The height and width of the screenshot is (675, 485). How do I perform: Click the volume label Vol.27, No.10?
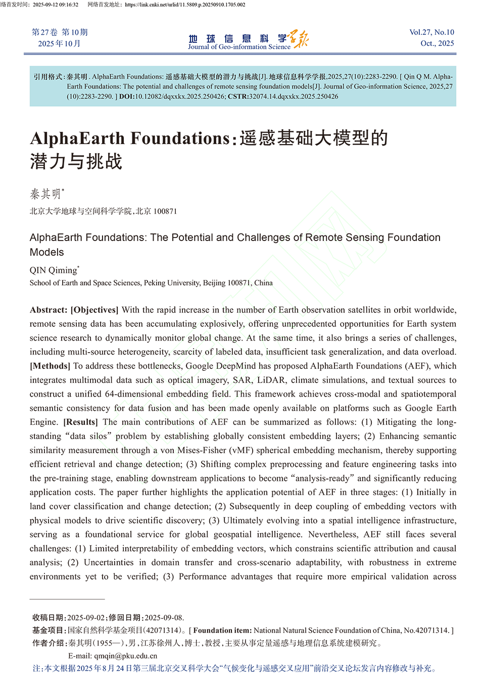tap(431, 32)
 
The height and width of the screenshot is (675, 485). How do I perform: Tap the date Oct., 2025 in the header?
tap(437, 43)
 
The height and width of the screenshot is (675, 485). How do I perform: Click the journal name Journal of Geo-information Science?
tap(239, 47)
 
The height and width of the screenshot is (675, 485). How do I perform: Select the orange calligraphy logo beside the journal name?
tap(298, 38)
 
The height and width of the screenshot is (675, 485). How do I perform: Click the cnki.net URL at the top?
tap(185, 5)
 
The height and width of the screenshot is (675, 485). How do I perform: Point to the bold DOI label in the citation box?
tap(126, 97)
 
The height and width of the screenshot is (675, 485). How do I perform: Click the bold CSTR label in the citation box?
tap(237, 97)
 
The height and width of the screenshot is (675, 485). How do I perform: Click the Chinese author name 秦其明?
tap(45, 194)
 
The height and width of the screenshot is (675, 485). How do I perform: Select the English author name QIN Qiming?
tap(53, 270)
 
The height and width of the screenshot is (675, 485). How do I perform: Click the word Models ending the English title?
tap(46, 252)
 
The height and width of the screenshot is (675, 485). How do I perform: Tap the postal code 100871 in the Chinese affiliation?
tap(165, 211)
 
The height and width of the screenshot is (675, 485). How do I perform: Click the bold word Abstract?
tap(48, 310)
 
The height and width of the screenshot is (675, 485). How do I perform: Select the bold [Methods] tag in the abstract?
tap(50, 366)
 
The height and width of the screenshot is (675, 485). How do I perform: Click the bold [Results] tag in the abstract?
tap(80, 422)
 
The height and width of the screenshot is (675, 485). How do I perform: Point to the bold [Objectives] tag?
tap(94, 310)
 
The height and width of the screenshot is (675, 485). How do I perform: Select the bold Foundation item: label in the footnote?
tap(222, 631)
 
